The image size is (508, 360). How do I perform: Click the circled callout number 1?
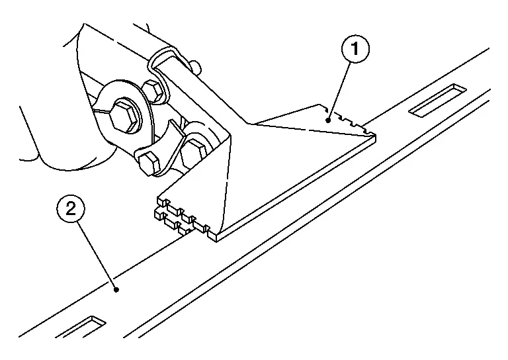(355, 49)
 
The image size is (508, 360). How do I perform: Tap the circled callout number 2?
(71, 208)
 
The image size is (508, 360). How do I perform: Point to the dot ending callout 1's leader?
(328, 120)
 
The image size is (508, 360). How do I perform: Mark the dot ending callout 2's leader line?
(116, 290)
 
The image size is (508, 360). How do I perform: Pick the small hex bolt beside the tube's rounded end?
(153, 91)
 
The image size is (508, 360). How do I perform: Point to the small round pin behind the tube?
(195, 67)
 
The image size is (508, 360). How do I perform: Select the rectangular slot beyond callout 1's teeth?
(437, 100)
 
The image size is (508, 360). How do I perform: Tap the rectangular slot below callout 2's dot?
(81, 328)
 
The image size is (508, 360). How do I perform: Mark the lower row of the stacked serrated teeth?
(172, 222)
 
